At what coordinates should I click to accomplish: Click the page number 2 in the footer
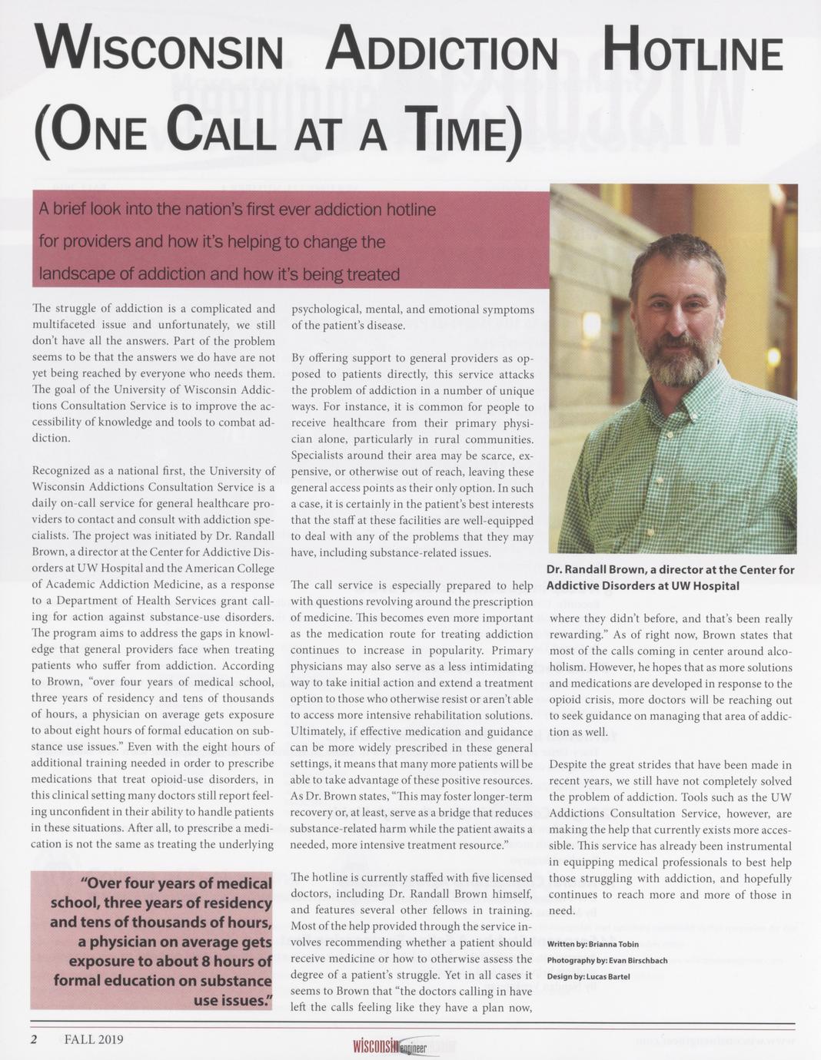click(x=34, y=1040)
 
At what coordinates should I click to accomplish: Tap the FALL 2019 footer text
click(x=94, y=1040)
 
